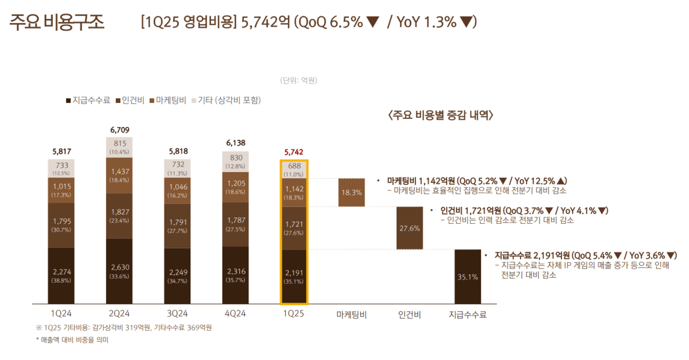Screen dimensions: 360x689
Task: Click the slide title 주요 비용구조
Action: click(x=57, y=23)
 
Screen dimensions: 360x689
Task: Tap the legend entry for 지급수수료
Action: click(x=88, y=100)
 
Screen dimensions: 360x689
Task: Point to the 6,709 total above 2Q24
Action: click(x=119, y=130)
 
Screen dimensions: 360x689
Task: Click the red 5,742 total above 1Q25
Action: click(x=293, y=152)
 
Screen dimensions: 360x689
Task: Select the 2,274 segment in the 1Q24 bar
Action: click(x=61, y=276)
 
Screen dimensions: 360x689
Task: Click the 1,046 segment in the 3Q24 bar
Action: click(x=177, y=190)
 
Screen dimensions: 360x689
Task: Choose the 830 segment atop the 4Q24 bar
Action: click(x=235, y=161)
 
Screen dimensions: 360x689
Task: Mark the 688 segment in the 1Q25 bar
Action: click(x=293, y=170)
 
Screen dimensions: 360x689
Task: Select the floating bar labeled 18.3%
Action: click(x=351, y=192)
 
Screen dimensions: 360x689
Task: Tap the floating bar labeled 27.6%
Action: click(x=410, y=228)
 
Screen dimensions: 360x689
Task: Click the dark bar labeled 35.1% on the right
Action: click(x=467, y=277)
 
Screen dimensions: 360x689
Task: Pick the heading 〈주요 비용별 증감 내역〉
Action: click(x=440, y=116)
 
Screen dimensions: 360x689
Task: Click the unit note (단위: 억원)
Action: click(x=298, y=80)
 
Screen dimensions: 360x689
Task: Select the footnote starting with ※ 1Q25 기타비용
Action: click(x=124, y=328)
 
